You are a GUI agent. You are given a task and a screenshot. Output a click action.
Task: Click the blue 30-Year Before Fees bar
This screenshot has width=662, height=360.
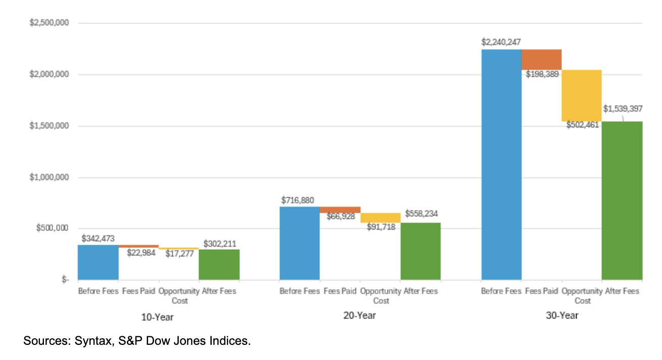point(501,164)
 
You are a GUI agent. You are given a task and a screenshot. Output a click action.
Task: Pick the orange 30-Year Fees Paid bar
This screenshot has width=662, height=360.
point(541,59)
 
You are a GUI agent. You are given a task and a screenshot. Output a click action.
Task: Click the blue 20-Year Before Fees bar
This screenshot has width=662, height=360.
point(300,243)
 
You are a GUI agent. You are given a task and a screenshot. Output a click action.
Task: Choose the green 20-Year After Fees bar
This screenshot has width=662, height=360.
point(420,251)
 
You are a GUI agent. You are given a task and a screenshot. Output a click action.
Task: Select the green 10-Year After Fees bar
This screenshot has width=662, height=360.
point(219,264)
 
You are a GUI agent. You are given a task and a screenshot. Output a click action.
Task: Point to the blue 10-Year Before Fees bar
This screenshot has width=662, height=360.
point(98,262)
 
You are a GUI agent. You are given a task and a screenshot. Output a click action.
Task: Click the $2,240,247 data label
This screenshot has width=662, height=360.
point(501,42)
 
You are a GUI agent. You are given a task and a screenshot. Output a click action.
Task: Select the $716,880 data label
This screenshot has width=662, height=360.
point(298,200)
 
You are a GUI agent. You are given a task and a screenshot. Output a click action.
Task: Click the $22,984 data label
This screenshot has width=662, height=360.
point(141,253)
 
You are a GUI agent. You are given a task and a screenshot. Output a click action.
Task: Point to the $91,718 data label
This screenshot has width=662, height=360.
point(381,227)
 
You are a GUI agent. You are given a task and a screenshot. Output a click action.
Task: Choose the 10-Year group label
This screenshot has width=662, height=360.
point(158,317)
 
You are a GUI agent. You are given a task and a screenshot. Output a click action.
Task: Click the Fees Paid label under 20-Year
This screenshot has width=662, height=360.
point(340,291)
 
